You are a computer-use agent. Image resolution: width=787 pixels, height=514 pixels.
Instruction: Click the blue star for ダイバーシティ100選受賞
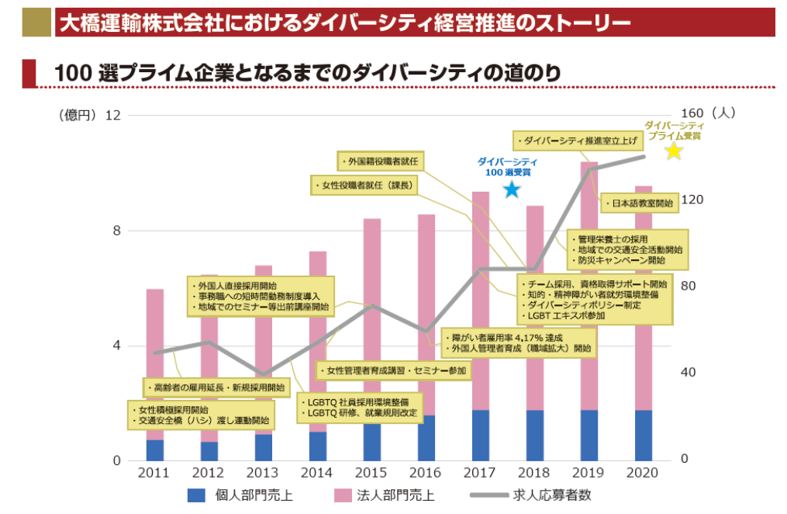(x=511, y=189)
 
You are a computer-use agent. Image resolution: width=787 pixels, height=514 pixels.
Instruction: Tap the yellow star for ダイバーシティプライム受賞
(x=674, y=151)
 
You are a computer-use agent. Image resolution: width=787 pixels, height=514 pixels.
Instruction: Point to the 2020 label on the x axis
(x=643, y=473)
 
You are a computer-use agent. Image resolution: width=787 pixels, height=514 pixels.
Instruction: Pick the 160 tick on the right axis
(x=692, y=113)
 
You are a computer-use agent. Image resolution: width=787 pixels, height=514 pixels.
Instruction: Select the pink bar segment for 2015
(x=371, y=311)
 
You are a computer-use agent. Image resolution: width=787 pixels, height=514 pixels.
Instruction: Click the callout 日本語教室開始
(x=637, y=203)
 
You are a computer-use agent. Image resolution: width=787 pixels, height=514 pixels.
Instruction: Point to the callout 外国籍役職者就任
(x=382, y=161)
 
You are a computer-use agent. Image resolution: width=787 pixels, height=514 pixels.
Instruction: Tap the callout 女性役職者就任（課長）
(x=364, y=185)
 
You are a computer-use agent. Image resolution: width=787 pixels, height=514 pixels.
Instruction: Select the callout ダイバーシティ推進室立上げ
(x=578, y=141)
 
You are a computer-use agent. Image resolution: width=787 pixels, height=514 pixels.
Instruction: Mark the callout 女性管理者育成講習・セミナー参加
(x=394, y=371)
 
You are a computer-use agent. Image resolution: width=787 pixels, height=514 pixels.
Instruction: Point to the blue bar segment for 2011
(x=154, y=450)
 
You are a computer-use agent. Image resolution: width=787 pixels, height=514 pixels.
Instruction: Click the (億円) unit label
(x=76, y=115)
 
